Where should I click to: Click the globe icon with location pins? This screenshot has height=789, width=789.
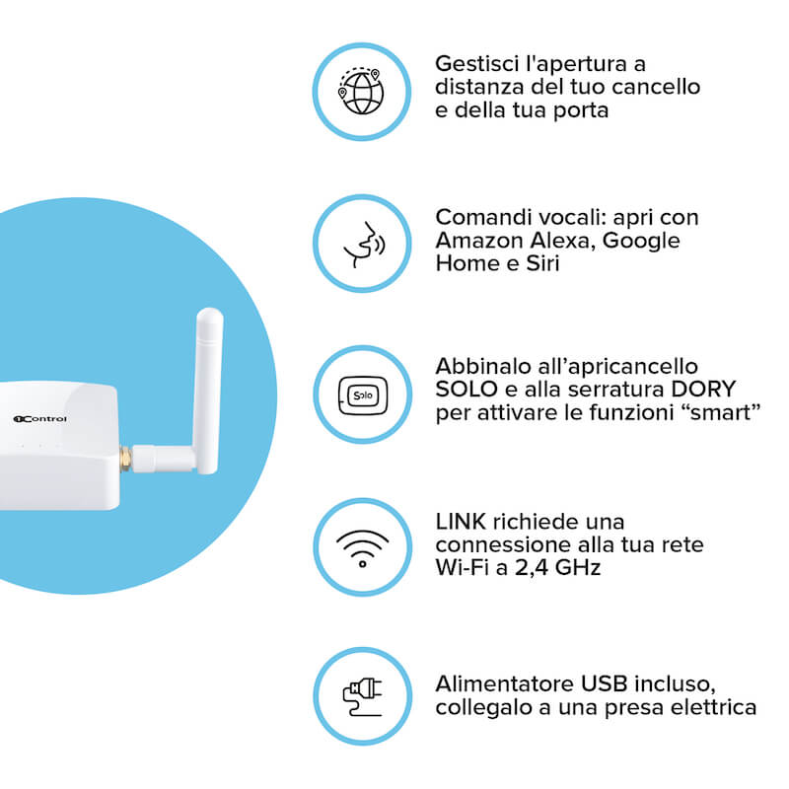tap(361, 92)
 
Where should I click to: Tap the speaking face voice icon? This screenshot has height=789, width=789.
tap(364, 245)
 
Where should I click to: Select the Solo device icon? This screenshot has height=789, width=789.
tap(363, 395)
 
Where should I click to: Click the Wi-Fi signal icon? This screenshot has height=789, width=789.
tap(362, 548)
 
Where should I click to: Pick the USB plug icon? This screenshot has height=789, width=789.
tap(362, 697)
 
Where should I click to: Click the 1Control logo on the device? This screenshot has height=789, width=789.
tap(39, 418)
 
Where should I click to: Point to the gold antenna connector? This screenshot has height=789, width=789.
tap(126, 459)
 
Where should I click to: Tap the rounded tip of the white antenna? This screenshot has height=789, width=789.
tap(209, 316)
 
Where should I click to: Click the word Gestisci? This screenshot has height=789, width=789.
tap(476, 64)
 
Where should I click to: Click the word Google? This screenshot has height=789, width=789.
tap(641, 241)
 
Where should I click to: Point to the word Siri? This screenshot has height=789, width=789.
tap(542, 263)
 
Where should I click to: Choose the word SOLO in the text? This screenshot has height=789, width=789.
tap(466, 389)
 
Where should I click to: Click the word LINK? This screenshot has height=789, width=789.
tap(461, 522)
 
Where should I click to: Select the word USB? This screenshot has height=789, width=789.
tap(604, 683)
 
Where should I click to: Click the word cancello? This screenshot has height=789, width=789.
tap(656, 87)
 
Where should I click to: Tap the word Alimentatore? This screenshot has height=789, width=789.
tap(505, 683)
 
